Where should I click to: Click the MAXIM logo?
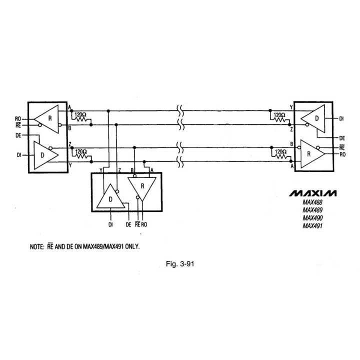313,193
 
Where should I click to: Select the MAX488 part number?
312,202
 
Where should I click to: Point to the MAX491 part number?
312,226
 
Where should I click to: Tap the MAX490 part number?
312,218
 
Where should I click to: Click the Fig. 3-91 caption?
179,264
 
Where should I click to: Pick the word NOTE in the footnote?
37,246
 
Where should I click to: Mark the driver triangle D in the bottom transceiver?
110,199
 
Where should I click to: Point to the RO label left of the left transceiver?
18,118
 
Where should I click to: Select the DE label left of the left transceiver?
18,135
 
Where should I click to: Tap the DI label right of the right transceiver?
341,118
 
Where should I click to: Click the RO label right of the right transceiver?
342,155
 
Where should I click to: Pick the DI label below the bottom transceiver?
110,225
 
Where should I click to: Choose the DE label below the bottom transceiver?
128,225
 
